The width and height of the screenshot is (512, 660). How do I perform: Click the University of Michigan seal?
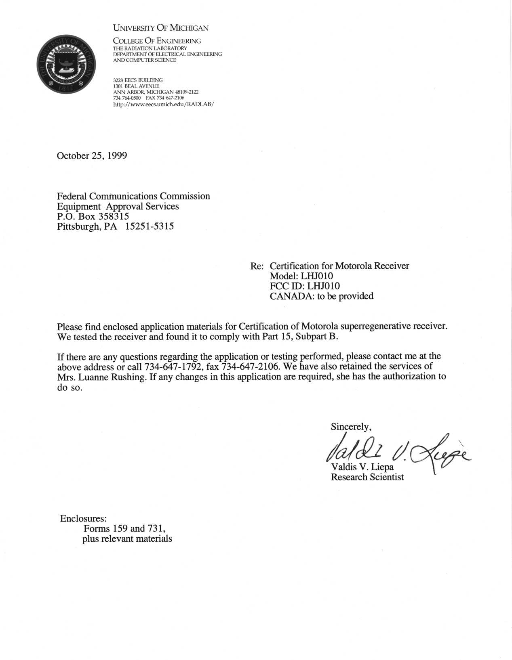tap(66, 64)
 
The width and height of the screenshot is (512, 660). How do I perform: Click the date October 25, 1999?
tap(92, 156)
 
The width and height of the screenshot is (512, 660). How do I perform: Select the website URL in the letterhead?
tap(163, 104)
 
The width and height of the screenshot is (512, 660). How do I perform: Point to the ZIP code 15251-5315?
tap(150, 226)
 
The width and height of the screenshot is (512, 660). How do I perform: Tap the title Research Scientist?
tap(367, 477)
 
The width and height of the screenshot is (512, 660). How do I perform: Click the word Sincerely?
tap(350, 427)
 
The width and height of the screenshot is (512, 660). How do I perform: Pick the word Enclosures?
tap(83, 519)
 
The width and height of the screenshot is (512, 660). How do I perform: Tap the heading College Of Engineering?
tap(157, 41)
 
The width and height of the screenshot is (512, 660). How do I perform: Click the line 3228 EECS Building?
tap(138, 80)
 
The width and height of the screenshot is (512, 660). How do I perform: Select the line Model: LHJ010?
tap(301, 276)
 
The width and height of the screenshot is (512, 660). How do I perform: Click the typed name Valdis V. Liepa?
tap(362, 467)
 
